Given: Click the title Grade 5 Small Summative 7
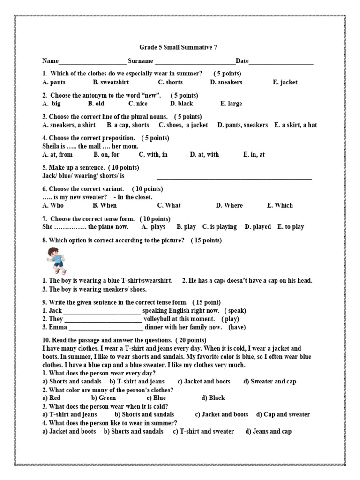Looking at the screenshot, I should [x=179, y=48].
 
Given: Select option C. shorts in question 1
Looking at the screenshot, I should [x=170, y=82].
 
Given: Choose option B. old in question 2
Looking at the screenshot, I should [x=96, y=104].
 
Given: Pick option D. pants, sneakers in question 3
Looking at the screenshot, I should [x=243, y=125].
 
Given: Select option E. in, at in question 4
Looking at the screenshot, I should [x=254, y=155].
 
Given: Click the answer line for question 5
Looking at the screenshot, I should [x=234, y=178].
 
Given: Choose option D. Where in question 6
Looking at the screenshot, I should [x=229, y=205].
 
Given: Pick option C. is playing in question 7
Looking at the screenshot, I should [x=219, y=227].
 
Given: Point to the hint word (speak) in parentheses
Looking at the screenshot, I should [x=235, y=311].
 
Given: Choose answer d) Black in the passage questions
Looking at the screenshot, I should [x=213, y=398].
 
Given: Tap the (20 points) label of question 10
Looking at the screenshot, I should [x=191, y=340].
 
